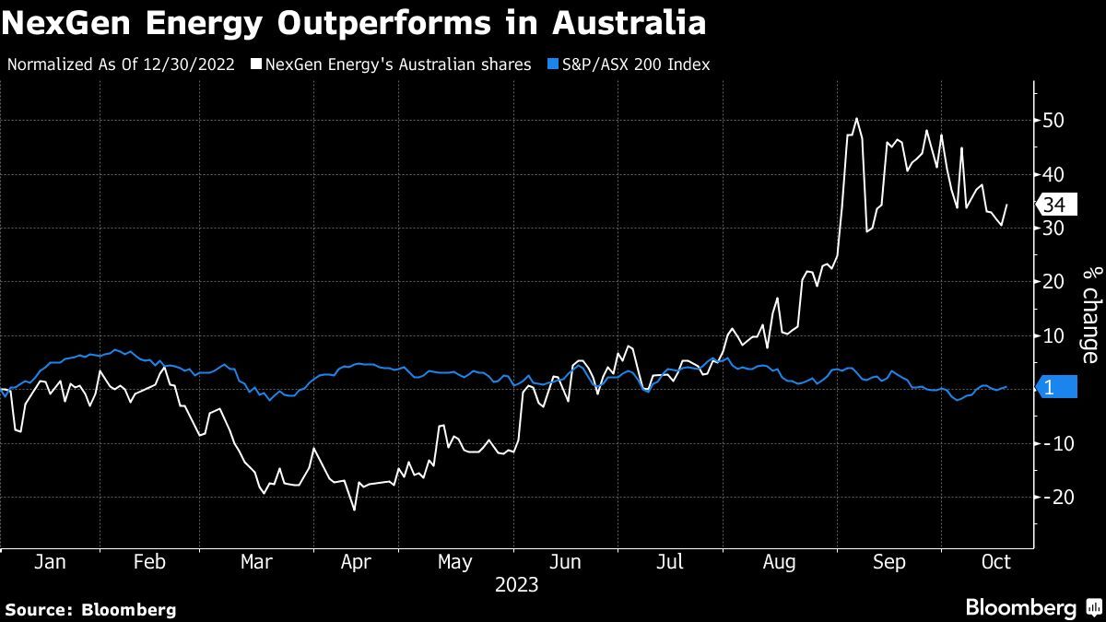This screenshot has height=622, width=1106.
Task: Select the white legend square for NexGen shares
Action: [x=256, y=65]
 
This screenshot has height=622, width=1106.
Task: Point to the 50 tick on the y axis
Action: [x=1053, y=121]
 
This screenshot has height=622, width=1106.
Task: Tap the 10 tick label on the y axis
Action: [x=1053, y=336]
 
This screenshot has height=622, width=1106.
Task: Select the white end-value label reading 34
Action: [x=1054, y=205]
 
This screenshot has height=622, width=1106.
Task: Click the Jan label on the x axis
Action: [x=49, y=563]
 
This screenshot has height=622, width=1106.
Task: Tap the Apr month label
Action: [x=355, y=563]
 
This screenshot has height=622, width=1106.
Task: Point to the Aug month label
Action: [x=779, y=563]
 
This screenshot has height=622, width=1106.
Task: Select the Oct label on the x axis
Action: [x=995, y=563]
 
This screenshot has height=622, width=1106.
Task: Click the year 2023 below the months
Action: [x=516, y=585]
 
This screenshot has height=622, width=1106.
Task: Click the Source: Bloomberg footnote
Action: [x=90, y=609]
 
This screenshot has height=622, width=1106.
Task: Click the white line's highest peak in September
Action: [x=856, y=118]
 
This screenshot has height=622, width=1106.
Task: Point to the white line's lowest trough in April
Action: [x=354, y=510]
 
